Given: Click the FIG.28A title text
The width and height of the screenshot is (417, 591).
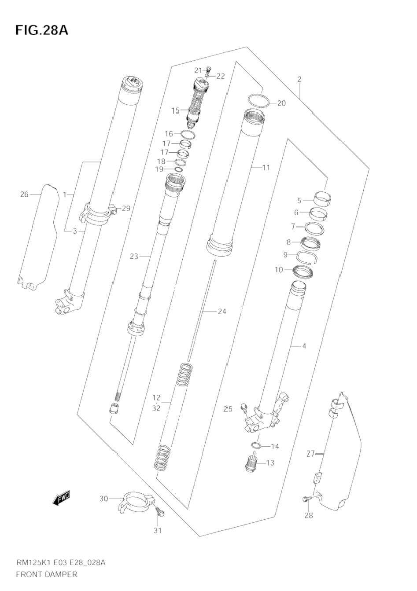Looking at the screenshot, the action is tap(42, 30).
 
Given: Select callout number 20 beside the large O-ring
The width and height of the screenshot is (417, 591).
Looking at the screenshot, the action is tap(281, 103).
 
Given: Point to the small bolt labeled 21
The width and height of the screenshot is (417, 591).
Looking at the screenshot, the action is tap(209, 70).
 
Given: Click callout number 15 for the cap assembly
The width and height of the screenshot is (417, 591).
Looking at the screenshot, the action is tap(175, 110).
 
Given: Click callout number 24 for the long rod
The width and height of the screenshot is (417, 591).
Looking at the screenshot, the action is tap(222, 312).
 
